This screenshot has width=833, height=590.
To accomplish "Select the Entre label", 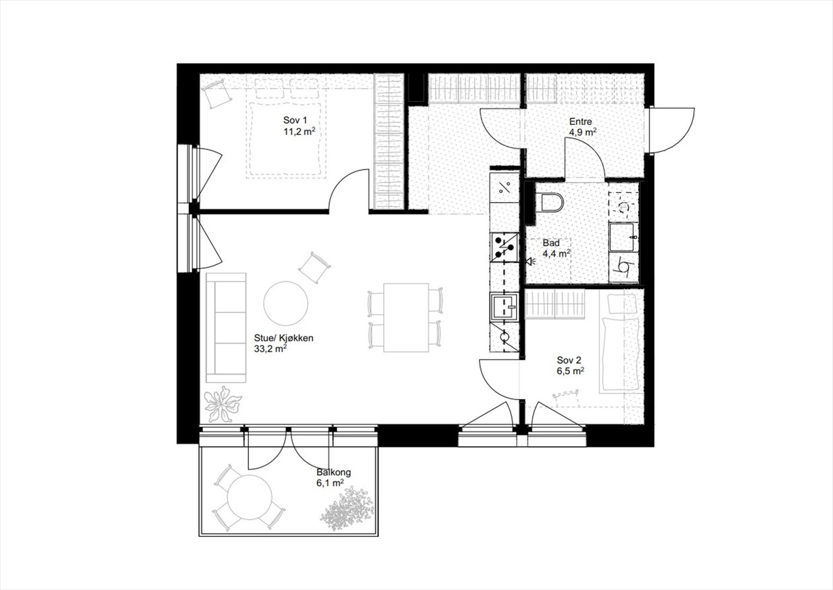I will pos(580,121).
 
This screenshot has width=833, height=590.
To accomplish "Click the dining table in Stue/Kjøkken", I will pos(406,318).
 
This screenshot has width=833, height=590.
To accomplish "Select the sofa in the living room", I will pos(225,327).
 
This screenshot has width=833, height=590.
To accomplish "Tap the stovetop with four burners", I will pos(504,247).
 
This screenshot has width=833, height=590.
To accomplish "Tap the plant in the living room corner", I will pos(222,403).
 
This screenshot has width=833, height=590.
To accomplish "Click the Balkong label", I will pos(333,472).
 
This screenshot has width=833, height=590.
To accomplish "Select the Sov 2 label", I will pos(569,360).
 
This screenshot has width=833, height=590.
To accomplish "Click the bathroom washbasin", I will pos(624,237).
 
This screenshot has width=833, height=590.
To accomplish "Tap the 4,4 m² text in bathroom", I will pos(556,254).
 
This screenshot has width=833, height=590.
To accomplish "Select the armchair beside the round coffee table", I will pos(314,267).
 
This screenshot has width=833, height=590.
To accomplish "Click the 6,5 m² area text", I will pos(570,371).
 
